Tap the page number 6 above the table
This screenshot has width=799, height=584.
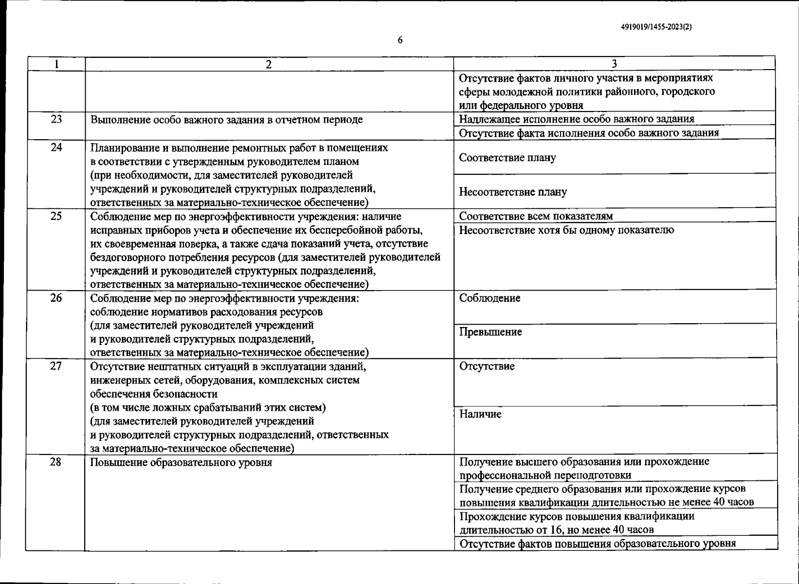[x=400, y=40]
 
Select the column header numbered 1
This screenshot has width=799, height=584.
[x=56, y=64]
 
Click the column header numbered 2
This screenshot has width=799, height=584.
[x=269, y=64]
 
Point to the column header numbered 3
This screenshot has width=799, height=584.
[x=614, y=64]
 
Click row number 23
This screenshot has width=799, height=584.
[x=56, y=119]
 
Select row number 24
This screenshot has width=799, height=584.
[x=56, y=147]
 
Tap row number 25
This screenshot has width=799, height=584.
[x=56, y=216]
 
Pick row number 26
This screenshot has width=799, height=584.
[x=56, y=298]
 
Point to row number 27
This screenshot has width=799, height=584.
[x=56, y=366]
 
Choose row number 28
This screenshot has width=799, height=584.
[x=56, y=462]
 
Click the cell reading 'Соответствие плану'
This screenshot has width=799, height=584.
[x=508, y=158]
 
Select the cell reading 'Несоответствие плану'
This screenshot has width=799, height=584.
[x=513, y=192]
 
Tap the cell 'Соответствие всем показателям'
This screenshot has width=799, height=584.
[x=536, y=216]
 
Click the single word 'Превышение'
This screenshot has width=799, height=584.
[x=490, y=332]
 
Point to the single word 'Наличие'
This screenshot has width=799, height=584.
[x=480, y=414]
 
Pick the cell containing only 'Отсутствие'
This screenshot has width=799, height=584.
[x=487, y=366]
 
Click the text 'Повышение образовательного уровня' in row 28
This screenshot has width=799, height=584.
[x=181, y=462]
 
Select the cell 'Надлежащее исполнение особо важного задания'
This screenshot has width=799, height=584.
[x=577, y=119]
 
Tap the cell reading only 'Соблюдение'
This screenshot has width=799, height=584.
[x=490, y=298]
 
